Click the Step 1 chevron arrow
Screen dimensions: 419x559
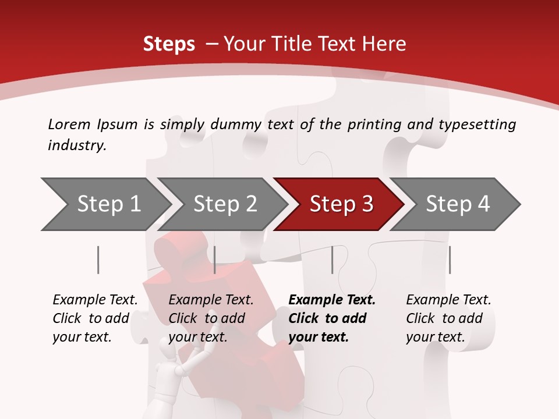pos(108,204)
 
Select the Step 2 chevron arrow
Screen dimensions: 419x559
pos(224,204)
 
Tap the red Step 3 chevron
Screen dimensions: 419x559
pos(341,204)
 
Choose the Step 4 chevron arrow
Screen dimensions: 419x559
pos(457,204)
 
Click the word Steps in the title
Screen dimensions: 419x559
pos(169,44)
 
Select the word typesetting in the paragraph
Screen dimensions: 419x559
pos(477,124)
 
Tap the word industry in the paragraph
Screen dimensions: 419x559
pos(77,145)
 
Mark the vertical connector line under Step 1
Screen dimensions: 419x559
pos(98,260)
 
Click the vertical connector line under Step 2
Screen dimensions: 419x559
pos(215,260)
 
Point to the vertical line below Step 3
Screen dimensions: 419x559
pos(332,260)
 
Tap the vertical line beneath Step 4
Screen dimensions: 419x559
pos(450,260)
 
